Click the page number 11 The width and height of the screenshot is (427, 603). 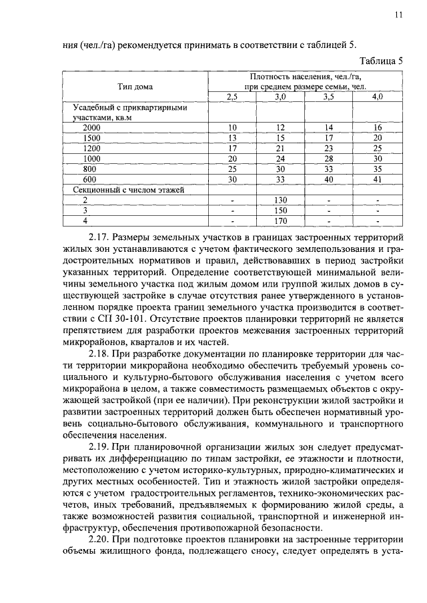(x=398, y=14)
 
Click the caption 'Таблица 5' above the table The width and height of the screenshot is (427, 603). (x=380, y=61)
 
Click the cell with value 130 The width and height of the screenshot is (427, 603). (x=280, y=200)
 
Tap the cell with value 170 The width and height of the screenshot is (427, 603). (x=280, y=221)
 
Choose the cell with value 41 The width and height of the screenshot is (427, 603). (x=377, y=179)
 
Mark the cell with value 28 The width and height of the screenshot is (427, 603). (x=328, y=159)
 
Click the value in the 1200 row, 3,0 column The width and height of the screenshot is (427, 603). (x=280, y=148)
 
